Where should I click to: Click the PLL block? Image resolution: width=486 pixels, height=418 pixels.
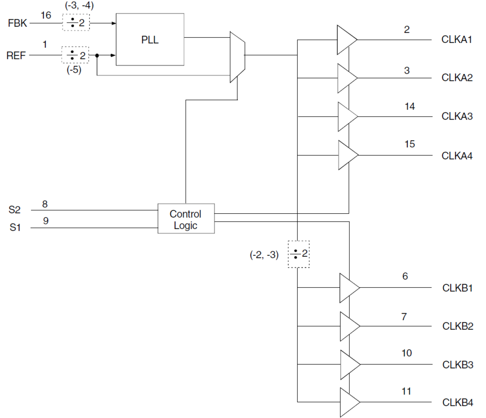pos(150,39)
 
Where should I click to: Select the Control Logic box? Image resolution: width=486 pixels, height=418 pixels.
pos(186,219)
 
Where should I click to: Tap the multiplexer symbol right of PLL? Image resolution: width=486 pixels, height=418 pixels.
pos(237,57)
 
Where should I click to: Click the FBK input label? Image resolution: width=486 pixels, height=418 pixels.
pos(17,23)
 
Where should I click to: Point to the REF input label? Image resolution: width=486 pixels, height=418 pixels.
pos(16,56)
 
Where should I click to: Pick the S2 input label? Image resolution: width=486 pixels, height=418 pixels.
pos(14,210)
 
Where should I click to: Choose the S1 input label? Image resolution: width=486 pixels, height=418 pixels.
pos(15,228)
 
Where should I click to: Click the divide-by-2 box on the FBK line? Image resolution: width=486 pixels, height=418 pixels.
pos(76,23)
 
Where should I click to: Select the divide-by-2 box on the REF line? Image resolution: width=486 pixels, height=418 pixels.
pos(75,55)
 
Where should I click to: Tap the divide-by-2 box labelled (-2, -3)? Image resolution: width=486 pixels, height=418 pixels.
pos(298,254)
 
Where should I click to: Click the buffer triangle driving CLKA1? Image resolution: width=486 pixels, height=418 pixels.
pos(346,40)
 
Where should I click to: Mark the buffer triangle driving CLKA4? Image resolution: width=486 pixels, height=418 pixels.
pos(347,155)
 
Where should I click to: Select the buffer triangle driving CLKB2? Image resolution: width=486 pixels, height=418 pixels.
pos(349,326)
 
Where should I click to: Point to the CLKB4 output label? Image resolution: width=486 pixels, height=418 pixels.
pos(457,403)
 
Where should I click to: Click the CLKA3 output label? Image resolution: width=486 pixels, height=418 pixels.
pos(457,116)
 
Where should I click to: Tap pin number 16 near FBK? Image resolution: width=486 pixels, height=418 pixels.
pos(46,15)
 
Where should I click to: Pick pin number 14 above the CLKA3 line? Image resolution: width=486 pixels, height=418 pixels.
pos(410,106)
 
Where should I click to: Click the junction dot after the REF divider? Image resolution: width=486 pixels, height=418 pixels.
pos(97,56)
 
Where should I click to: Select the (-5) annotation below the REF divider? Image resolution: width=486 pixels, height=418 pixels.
pos(74,70)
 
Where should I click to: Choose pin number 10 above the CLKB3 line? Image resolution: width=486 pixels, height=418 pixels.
pos(407,353)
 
